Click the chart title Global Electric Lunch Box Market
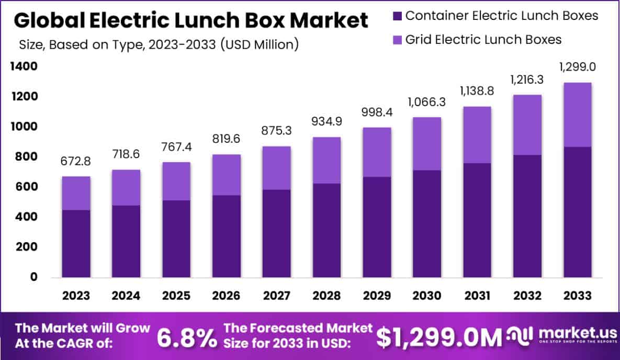click(190, 20)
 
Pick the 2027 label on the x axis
click(277, 296)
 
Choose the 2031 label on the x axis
click(476, 296)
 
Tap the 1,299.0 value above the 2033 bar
click(577, 67)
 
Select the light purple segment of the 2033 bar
click(578, 115)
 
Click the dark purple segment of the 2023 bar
click(76, 243)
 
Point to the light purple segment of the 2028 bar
click(326, 160)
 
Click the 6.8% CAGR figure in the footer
click(187, 339)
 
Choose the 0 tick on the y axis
click(33, 277)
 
